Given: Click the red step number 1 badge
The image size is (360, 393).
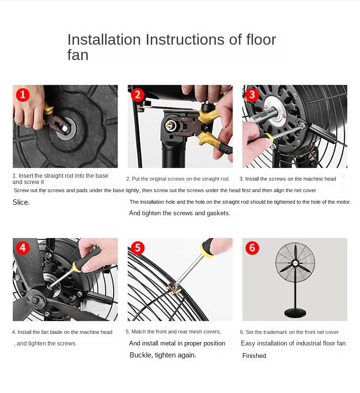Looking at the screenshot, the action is pos(23,95).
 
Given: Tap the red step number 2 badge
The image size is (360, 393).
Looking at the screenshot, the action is pos(137,95).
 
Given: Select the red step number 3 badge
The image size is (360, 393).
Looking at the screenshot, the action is pos(252,95).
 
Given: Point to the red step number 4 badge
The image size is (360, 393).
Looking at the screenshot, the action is pos(23,247).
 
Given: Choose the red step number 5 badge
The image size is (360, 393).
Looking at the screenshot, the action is pos(137,247).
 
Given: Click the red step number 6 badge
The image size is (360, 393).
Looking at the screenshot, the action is pos(252,247).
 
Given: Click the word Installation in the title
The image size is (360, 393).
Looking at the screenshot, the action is pos(104,39).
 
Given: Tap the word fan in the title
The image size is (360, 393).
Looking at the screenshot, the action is pos(78,55).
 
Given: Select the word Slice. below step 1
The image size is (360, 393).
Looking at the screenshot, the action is pos(21,202).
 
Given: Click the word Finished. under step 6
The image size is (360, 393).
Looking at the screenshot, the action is pos(255,356).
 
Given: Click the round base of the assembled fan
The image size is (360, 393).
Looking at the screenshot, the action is pos(295,313).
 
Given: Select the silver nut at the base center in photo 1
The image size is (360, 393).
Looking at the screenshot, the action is pos(65,129).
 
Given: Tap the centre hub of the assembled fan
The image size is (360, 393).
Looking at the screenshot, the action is pos(295,263).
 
